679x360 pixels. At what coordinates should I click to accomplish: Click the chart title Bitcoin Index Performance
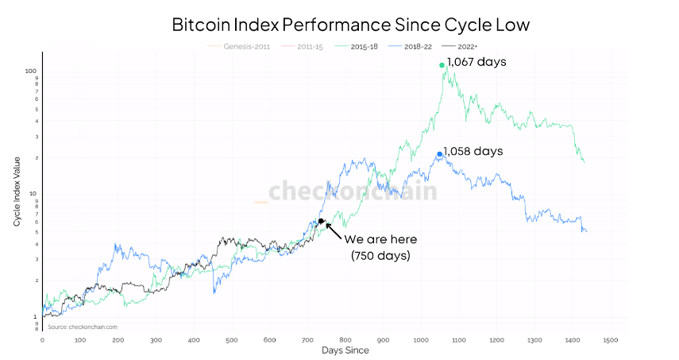tap(350, 25)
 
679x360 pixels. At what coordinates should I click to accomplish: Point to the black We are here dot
tap(321, 221)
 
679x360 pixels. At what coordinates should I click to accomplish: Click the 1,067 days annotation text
tap(477, 61)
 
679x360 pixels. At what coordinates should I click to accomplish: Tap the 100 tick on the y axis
tap(31, 71)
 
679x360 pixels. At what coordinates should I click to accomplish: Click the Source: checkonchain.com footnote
tap(83, 327)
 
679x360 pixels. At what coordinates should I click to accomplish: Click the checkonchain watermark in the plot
tap(352, 192)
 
